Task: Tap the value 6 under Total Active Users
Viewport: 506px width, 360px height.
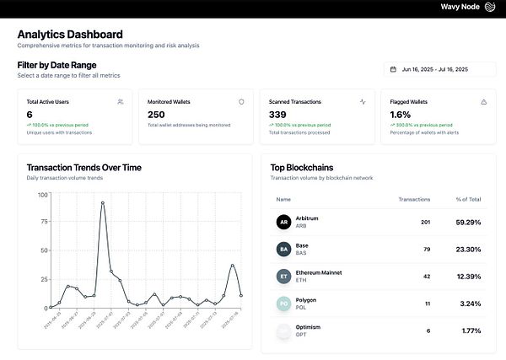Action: pyautogui.click(x=30, y=115)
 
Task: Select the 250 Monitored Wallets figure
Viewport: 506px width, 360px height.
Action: pyautogui.click(x=156, y=115)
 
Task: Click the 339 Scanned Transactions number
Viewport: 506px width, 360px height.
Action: pyautogui.click(x=277, y=115)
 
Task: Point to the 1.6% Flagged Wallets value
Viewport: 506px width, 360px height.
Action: pyautogui.click(x=401, y=115)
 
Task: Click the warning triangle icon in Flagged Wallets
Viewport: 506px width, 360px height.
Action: pyautogui.click(x=483, y=102)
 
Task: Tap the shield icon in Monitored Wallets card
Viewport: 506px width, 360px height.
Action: pyautogui.click(x=241, y=102)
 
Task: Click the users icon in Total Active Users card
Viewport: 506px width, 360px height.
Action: pyautogui.click(x=121, y=102)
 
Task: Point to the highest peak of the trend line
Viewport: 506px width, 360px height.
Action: pyautogui.click(x=103, y=202)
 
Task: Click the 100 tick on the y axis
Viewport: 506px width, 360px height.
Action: pyautogui.click(x=42, y=196)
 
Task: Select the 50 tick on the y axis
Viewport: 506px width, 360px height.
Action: pyautogui.click(x=43, y=251)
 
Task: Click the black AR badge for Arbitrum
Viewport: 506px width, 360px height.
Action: pyautogui.click(x=283, y=223)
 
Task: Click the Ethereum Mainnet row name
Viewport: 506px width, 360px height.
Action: pyautogui.click(x=320, y=272)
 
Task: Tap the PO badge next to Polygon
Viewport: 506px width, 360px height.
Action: pyautogui.click(x=283, y=303)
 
